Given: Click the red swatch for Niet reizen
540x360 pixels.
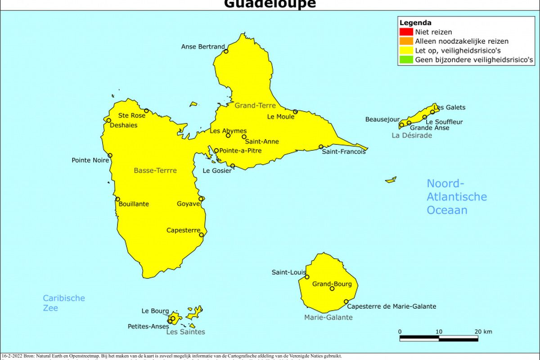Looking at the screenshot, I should (406, 32).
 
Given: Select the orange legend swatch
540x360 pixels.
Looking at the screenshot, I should (406, 41).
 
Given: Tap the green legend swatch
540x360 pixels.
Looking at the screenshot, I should (406, 59).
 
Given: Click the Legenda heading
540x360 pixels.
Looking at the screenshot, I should (415, 23).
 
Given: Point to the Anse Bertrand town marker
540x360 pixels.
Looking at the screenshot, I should (226, 51).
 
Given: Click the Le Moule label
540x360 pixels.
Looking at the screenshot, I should (280, 117).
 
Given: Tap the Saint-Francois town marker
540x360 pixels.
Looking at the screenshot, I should (321, 147).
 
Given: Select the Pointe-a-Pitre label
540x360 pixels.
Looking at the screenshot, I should (240, 151).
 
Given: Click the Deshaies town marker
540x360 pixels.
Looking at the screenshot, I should (108, 120).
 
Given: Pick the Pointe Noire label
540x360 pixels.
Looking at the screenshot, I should (90, 160).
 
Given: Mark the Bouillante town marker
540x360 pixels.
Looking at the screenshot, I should (117, 199).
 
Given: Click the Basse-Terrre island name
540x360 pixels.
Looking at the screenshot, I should (155, 171).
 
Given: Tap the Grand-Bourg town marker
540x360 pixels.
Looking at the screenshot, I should (332, 288).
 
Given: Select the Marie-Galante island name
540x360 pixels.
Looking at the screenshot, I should (328, 318).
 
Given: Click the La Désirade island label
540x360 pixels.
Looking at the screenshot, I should (412, 135).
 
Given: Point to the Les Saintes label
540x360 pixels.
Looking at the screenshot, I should (185, 332).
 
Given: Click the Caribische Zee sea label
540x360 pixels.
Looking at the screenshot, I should (64, 303).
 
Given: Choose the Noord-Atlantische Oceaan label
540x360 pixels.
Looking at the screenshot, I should (456, 197).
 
